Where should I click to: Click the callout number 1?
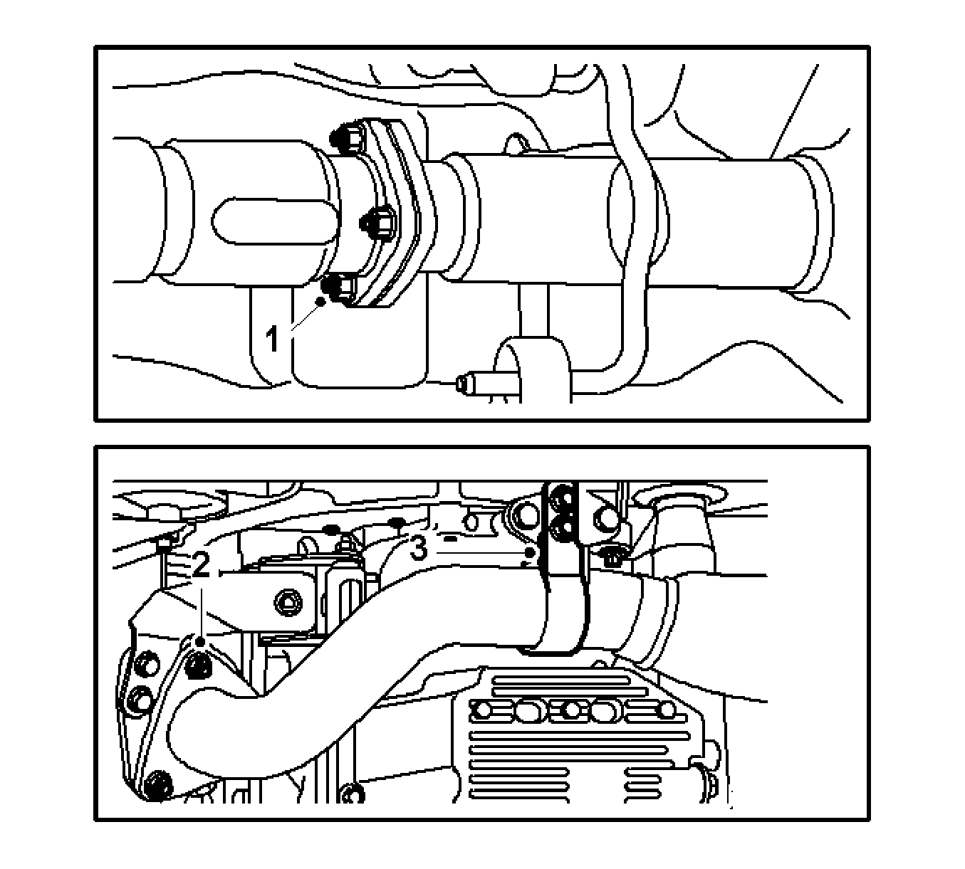tap(273, 339)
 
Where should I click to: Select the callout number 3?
tap(419, 548)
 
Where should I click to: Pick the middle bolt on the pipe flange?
tap(377, 223)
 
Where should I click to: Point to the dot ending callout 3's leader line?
tap(530, 553)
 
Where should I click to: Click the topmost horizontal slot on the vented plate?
tap(560, 680)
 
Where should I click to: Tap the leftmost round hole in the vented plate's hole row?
tap(484, 710)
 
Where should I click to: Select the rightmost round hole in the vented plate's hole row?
tap(667, 710)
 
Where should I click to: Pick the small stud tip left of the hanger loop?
tap(464, 384)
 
